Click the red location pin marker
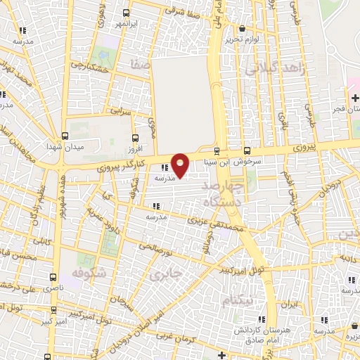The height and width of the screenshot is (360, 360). pos(181,164)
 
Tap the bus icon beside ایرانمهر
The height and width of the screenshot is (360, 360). pos(126,13)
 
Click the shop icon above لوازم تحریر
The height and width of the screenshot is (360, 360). pos(243,29)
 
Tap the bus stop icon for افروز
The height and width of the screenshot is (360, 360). pos(136,138)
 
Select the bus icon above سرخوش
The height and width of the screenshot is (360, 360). pos(247,150)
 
